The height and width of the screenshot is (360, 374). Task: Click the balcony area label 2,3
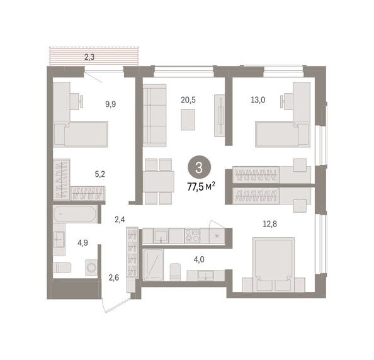point(89,57)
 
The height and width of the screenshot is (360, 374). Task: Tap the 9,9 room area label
point(111,104)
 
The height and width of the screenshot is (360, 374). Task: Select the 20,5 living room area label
point(188,100)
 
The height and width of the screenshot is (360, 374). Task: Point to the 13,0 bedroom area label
point(258,100)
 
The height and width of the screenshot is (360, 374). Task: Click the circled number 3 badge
point(199,167)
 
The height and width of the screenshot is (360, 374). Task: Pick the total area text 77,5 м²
point(201,186)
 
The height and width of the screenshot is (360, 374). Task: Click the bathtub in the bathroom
point(75,214)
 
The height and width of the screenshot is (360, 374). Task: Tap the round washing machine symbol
point(91,267)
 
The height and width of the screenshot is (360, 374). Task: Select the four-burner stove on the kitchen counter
point(192,235)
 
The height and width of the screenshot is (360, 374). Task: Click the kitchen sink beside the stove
point(161,235)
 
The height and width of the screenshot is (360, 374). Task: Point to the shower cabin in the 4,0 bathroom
point(153,265)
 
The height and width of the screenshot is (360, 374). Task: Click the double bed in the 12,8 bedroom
point(274,264)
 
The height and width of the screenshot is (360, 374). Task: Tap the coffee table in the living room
point(188,120)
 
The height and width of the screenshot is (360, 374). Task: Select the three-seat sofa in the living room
point(154,115)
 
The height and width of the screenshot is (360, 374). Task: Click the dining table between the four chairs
point(159,181)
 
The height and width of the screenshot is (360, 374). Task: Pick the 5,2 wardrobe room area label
point(100,174)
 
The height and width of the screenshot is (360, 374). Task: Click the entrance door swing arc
point(105,306)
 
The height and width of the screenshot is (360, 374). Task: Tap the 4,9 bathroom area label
point(82,243)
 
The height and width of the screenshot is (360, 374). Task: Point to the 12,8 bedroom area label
point(269,224)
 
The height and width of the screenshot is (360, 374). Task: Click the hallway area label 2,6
point(114,278)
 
